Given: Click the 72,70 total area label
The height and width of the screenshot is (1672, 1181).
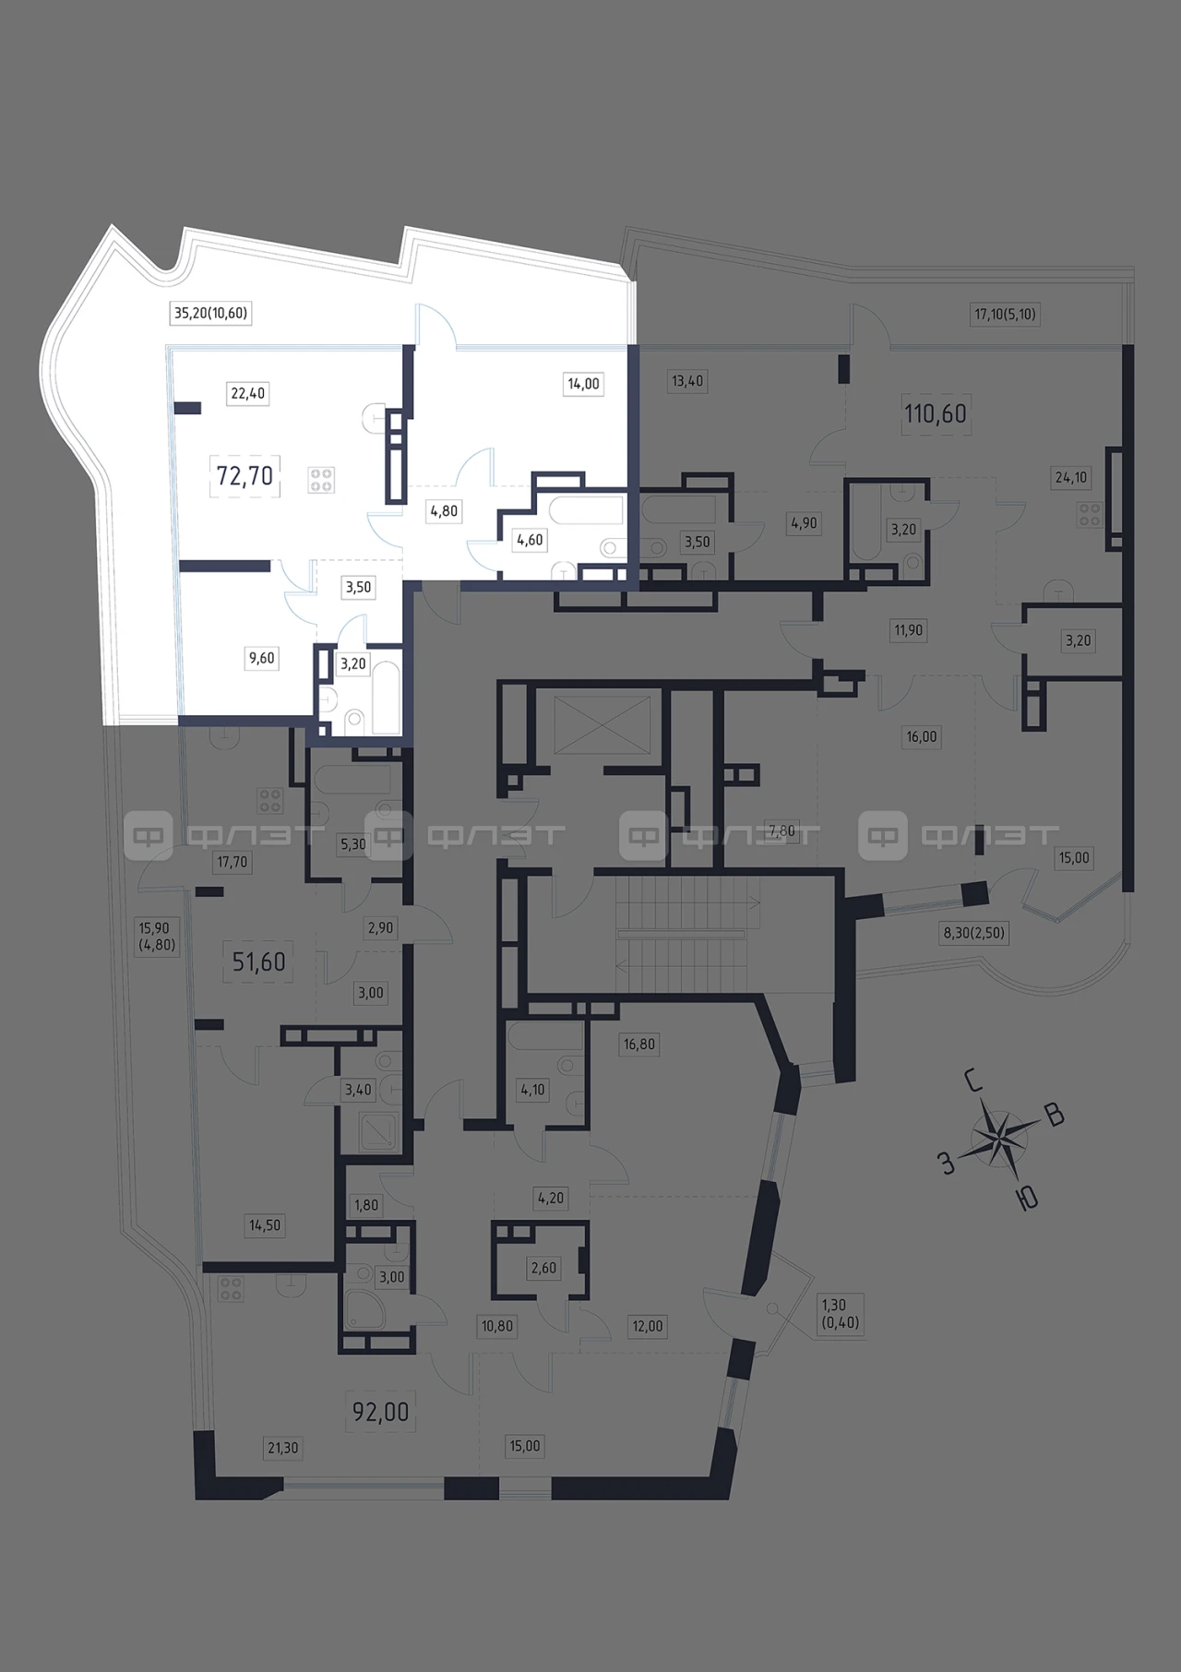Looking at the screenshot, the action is tap(245, 475).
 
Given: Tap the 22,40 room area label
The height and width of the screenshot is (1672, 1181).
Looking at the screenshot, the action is tap(247, 393).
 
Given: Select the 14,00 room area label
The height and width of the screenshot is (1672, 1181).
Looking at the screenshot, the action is tap(583, 384).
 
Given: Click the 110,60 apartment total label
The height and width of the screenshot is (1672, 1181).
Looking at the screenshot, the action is tap(936, 413).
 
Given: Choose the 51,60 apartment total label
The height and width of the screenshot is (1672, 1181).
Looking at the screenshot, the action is tap(258, 961).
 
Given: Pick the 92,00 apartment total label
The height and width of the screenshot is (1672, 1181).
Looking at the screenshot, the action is tap(380, 1412).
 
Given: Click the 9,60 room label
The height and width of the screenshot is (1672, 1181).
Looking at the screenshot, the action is tap(261, 658).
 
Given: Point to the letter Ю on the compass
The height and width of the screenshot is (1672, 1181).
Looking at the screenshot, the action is tap(1026, 1197).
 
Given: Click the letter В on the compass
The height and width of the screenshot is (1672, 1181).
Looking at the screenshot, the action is tap(1055, 1116).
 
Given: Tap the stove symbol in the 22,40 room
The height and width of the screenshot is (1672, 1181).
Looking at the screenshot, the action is tap(322, 479).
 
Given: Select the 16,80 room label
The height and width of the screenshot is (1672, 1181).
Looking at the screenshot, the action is tap(639, 1045).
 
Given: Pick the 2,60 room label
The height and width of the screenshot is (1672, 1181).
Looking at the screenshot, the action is tap(543, 1268).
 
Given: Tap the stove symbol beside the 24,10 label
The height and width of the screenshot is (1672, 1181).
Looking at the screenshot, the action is tap(1090, 514).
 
